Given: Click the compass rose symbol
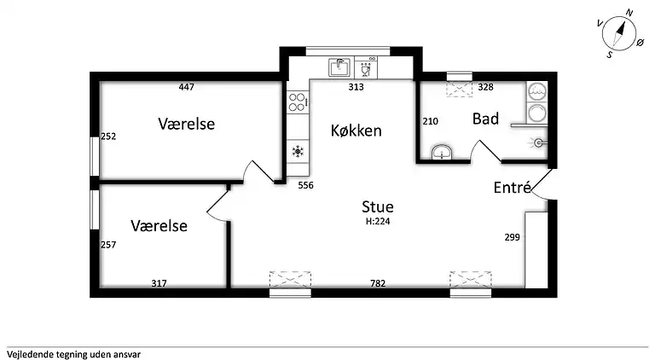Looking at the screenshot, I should [x=620, y=34].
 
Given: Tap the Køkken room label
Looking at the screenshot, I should [x=356, y=131].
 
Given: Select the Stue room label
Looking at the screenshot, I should [x=378, y=206].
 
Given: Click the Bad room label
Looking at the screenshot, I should [x=485, y=119].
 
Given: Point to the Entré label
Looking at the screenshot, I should [x=513, y=188].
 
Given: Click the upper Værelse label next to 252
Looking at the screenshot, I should [x=187, y=125].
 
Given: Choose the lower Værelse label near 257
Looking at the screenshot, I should [x=159, y=226].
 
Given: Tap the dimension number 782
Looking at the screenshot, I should [x=378, y=283].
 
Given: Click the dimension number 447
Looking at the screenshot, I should [x=187, y=86].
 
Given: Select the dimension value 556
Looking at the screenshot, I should [x=306, y=186].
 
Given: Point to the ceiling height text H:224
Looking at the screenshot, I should [x=378, y=221].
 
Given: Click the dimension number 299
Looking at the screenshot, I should [x=512, y=237].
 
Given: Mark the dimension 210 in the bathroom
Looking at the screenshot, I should [x=430, y=121].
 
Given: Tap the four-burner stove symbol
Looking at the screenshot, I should [x=298, y=103].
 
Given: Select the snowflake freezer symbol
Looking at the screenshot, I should [x=298, y=151].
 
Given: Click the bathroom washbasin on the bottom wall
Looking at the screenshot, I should [x=441, y=153].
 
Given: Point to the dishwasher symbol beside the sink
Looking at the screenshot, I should [x=367, y=67].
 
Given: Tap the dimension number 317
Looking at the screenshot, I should [x=159, y=283].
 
